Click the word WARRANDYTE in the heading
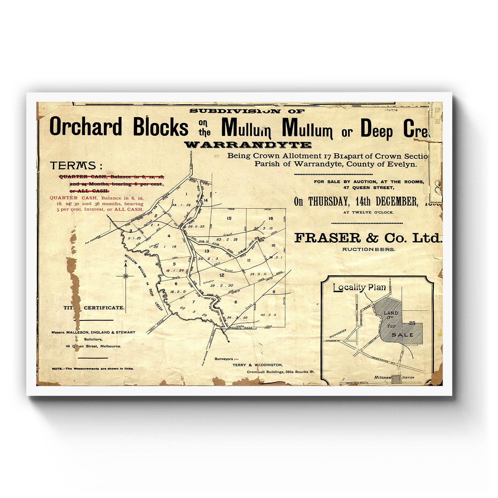248,145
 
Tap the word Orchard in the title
86,127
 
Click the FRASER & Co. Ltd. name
368,238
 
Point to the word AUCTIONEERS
369,249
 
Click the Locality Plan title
359,287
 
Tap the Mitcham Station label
394,378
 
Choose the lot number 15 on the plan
229,218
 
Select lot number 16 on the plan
271,218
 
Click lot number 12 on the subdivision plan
222,275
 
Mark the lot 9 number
274,292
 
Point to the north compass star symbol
126,276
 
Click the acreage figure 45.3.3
268,315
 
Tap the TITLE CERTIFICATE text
94,308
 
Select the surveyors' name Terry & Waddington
257,365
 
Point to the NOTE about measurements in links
93,369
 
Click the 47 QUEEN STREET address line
369,188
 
